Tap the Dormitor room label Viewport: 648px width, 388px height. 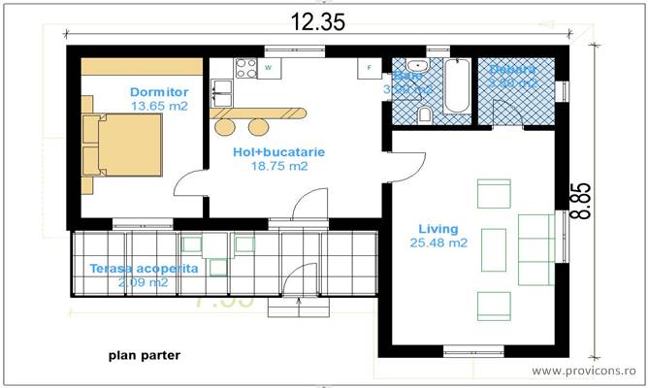(x=158, y=92)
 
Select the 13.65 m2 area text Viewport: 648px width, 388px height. (x=158, y=106)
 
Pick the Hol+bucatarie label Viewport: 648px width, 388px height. (x=278, y=152)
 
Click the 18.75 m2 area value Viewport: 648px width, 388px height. (x=278, y=166)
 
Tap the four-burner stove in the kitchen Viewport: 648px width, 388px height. (x=244, y=68)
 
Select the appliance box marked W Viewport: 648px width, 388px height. (x=269, y=68)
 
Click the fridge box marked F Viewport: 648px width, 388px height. (x=369, y=68)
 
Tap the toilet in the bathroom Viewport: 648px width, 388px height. (x=424, y=115)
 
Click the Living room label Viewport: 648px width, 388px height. (x=437, y=228)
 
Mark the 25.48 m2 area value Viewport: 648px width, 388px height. (x=438, y=242)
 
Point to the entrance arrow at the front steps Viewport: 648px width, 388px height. (x=300, y=301)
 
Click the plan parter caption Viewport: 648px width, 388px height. (x=144, y=355)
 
